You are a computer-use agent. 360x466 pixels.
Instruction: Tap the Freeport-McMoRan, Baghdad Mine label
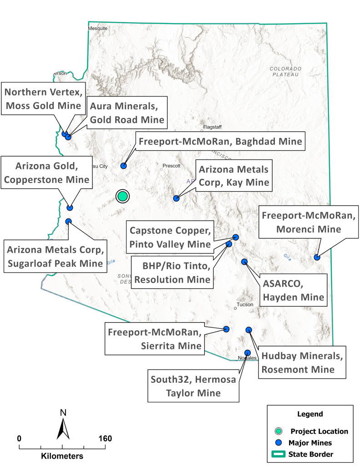click(220, 142)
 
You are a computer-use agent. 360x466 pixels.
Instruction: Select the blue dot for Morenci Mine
click(317, 258)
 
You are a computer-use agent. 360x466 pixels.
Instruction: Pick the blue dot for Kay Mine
click(176, 198)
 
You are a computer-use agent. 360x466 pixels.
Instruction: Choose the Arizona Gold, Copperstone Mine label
click(46, 173)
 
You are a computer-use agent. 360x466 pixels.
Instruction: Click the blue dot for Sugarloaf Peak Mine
click(68, 221)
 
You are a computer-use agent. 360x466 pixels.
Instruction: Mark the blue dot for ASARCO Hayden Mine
click(244, 261)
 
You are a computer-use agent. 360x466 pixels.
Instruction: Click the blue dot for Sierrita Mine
click(227, 329)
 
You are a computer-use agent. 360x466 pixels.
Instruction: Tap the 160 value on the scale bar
click(105, 439)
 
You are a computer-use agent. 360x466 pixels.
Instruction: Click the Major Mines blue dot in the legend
click(279, 442)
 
